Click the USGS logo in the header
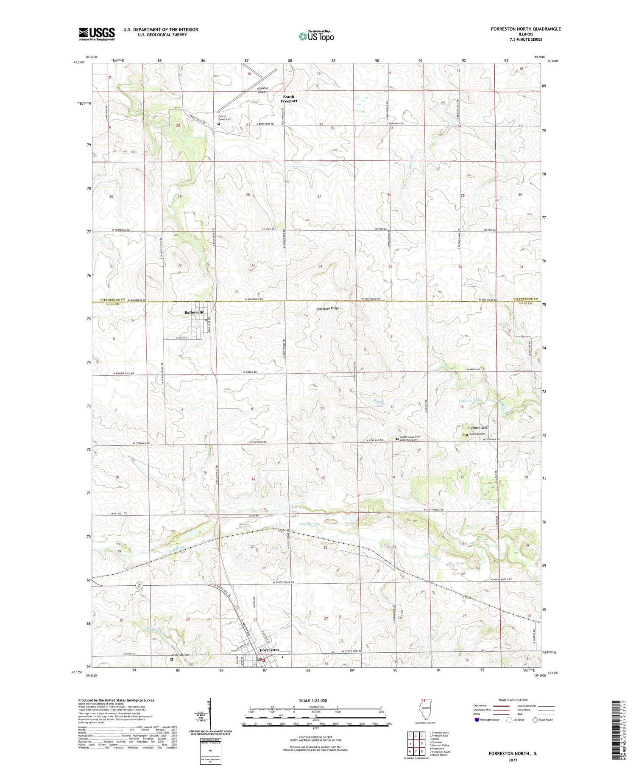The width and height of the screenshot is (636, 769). [x=97, y=34]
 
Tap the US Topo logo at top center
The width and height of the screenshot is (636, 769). [x=316, y=36]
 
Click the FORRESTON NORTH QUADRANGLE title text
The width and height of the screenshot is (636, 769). [x=526, y=29]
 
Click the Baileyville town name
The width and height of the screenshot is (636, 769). [x=194, y=312]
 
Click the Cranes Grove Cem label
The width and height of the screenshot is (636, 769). [x=225, y=117]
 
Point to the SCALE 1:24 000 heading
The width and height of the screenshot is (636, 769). [x=315, y=700]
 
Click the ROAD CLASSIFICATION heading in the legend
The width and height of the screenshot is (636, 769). [x=513, y=700]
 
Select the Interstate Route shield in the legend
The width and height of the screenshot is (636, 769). [x=478, y=720]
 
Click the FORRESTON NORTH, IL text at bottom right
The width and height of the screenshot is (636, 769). [x=513, y=753]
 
